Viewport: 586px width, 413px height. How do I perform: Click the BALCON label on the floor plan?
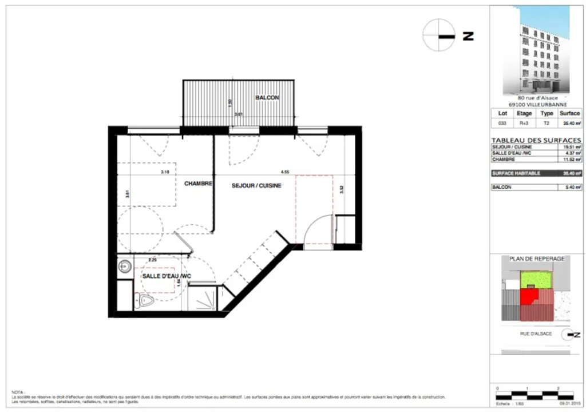point(267,98)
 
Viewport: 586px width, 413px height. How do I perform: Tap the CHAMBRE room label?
point(198,184)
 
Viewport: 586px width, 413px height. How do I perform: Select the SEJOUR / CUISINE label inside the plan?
point(256,185)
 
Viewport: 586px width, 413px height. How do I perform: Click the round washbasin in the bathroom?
point(125,266)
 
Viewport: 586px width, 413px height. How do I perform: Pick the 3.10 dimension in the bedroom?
point(165,171)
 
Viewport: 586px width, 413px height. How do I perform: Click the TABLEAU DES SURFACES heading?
point(536,140)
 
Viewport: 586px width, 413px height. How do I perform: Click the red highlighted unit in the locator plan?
point(529,296)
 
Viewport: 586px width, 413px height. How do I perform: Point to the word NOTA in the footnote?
point(19,387)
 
